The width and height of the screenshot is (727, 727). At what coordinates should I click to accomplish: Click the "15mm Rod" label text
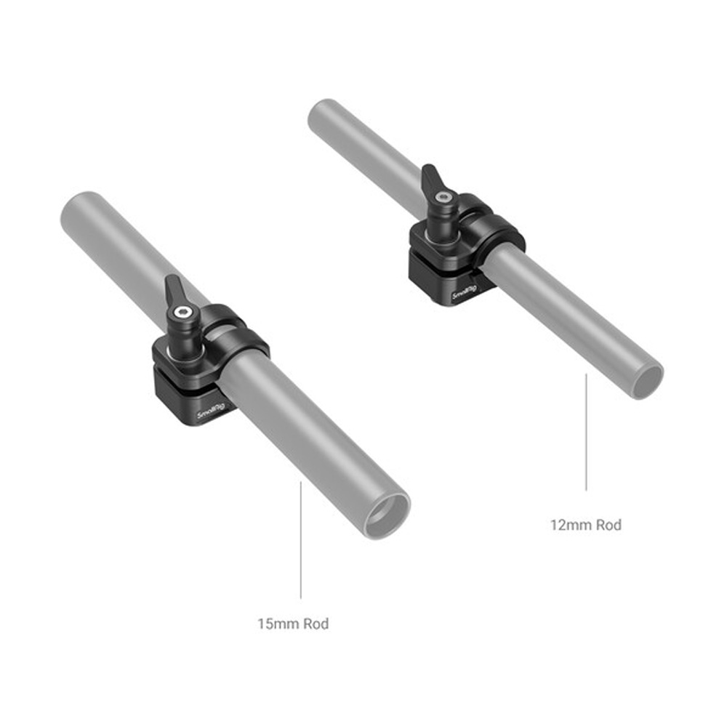293,624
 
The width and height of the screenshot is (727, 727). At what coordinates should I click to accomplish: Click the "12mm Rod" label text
585,525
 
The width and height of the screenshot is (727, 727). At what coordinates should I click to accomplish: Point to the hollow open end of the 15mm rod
387,516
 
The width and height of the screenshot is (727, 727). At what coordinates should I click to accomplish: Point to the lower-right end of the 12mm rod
647,381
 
